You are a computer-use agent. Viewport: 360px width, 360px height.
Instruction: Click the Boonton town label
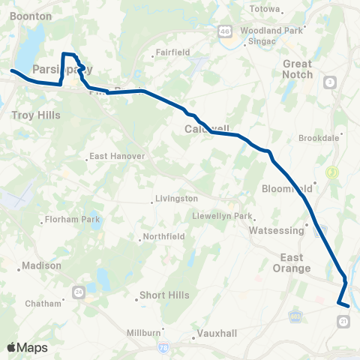coord(31,16)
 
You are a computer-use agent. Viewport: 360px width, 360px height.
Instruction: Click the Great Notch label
coord(297,69)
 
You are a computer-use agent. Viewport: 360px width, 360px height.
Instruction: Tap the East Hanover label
coord(112,157)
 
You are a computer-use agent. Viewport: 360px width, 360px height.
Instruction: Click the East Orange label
coord(286,263)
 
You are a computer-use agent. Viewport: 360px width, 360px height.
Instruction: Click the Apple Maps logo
coord(26,347)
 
